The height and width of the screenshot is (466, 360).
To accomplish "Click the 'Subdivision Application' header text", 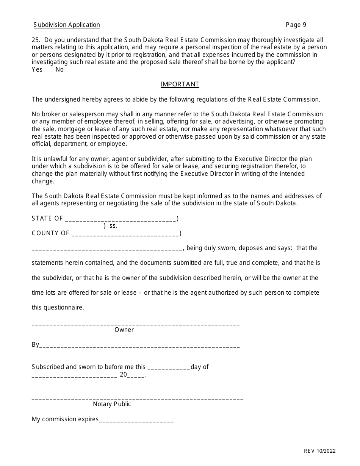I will (x=67, y=25).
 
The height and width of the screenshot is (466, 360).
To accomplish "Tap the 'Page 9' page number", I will (x=296, y=25).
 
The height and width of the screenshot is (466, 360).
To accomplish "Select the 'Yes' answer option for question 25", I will (x=37, y=70).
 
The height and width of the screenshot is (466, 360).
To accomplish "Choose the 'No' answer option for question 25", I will (x=59, y=70).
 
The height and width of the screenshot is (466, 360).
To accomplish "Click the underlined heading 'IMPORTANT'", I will (x=180, y=84).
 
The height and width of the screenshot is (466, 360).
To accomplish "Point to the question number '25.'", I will (x=37, y=40).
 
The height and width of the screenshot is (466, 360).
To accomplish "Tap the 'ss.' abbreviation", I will (x=113, y=226).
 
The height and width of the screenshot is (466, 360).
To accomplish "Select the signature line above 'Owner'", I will (x=136, y=324).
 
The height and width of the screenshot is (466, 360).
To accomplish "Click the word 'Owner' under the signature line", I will (x=124, y=330).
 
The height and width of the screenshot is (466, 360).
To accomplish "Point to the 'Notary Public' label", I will (x=112, y=404).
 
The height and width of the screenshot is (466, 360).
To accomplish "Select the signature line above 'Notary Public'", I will (x=137, y=399).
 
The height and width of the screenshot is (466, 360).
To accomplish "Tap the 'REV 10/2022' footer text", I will (x=319, y=451).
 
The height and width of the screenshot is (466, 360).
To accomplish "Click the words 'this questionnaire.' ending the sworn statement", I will (x=58, y=308).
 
